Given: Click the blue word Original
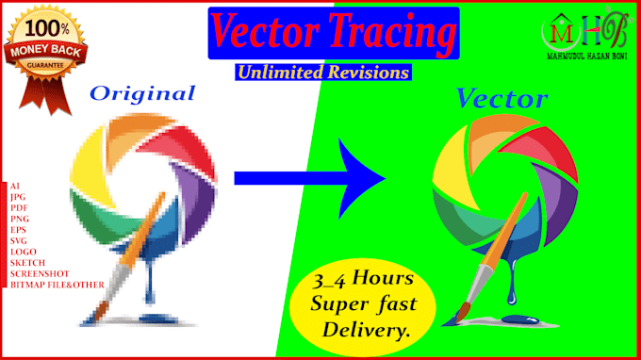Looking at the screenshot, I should tap(142, 93).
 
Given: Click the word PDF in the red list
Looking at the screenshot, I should tap(19, 208).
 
